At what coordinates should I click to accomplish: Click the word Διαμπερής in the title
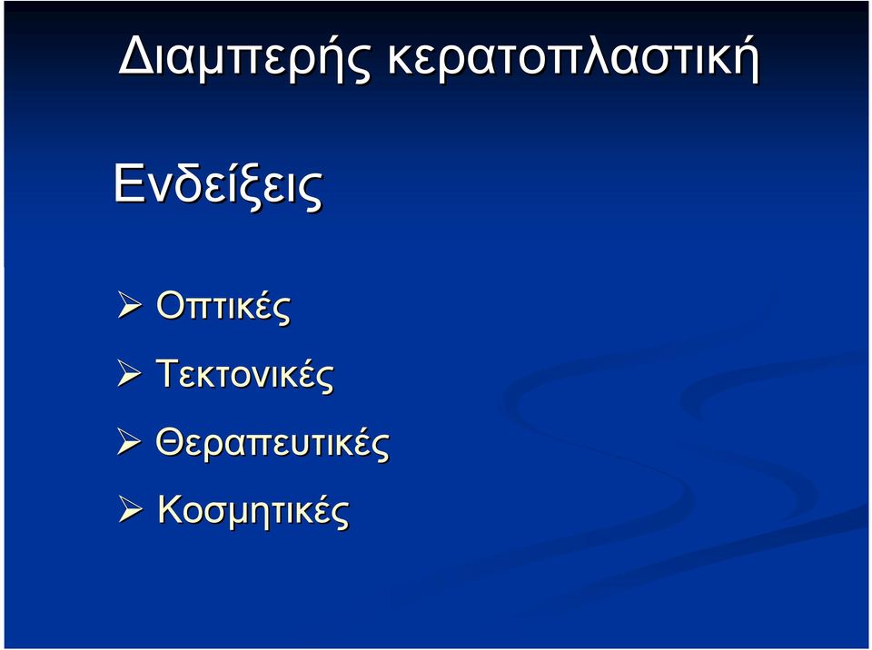244,57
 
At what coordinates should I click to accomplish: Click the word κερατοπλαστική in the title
573,57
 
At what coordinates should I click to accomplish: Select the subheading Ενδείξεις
218,184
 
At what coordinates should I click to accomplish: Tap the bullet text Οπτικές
223,305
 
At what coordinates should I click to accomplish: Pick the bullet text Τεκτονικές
244,374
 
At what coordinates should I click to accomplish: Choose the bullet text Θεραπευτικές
272,443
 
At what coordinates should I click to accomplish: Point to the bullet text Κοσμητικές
253,510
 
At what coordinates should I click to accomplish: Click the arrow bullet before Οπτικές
130,306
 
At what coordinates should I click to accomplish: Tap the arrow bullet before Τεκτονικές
130,374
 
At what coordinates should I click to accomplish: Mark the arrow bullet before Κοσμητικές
130,510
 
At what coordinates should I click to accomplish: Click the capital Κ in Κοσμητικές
171,508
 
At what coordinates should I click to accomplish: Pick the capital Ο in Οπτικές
170,305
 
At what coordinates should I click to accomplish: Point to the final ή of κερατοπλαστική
745,59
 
